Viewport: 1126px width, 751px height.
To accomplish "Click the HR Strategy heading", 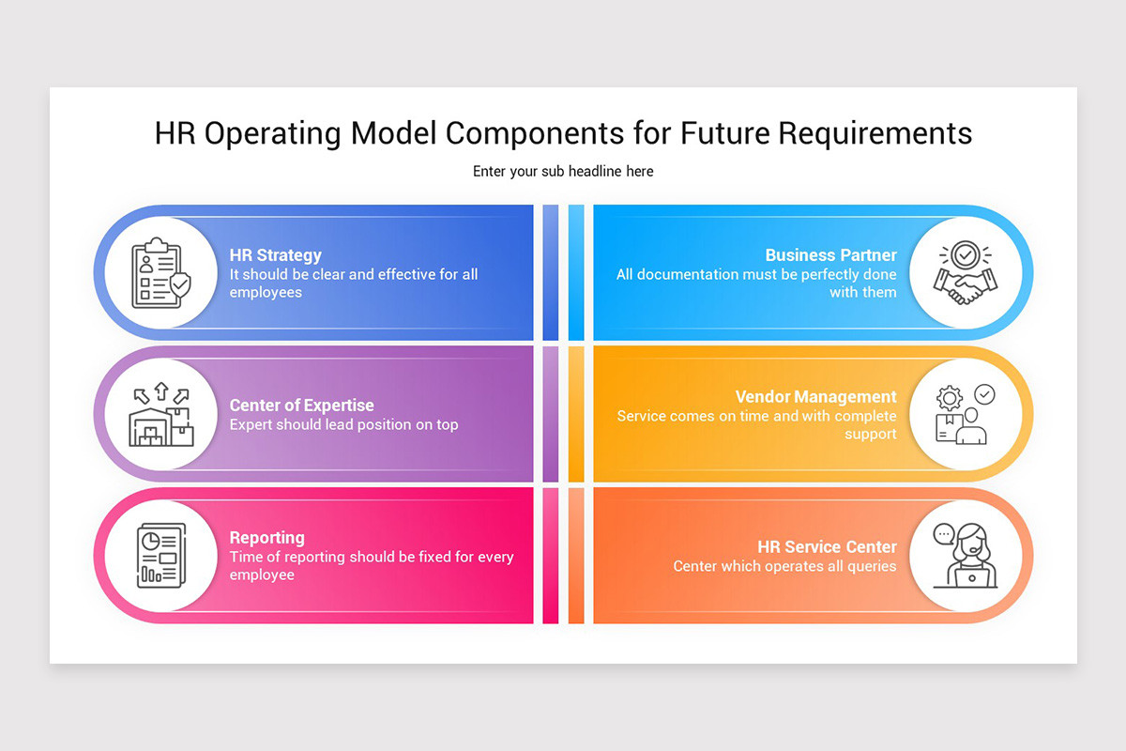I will click(x=275, y=255).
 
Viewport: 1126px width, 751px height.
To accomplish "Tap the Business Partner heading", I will click(x=830, y=255).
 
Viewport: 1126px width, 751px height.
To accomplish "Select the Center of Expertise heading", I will click(x=301, y=406).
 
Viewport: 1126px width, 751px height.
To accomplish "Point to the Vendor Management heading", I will click(x=815, y=397).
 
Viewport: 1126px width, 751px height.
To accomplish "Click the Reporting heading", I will click(x=266, y=538).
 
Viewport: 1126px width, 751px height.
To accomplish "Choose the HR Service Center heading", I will click(x=827, y=547).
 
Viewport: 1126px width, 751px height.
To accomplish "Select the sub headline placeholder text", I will click(x=563, y=172).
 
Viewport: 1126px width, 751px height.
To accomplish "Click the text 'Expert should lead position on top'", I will click(x=343, y=424).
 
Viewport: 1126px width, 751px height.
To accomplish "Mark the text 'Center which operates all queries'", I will click(x=784, y=566).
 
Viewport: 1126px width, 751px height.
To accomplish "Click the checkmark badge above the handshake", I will click(x=965, y=254).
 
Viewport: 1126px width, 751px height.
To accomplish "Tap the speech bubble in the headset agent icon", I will click(x=944, y=534).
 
